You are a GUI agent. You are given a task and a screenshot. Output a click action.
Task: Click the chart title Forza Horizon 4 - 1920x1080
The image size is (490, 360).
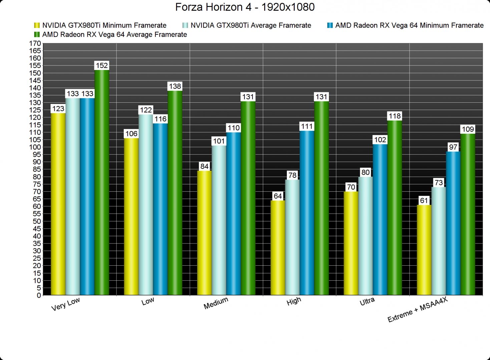[245, 7]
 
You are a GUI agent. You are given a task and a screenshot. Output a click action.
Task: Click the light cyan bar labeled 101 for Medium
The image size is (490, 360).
[219, 220]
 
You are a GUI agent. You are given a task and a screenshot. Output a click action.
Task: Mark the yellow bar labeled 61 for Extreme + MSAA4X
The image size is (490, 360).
[424, 250]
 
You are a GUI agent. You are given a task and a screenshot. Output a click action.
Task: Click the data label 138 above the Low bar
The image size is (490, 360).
[175, 86]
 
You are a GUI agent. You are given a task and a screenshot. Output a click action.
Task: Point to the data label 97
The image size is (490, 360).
[453, 147]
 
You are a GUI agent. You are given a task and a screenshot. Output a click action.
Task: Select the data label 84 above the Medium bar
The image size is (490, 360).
[204, 166]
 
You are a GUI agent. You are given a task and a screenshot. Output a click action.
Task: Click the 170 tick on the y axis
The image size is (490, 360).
[35, 43]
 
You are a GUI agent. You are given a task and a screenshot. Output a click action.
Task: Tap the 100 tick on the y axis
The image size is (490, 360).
[35, 147]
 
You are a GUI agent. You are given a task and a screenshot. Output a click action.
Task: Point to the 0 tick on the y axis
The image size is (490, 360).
[39, 295]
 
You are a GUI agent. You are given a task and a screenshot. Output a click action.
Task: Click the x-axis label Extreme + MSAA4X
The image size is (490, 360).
[417, 310]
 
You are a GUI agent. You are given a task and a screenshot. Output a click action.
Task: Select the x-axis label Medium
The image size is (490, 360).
[216, 303]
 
